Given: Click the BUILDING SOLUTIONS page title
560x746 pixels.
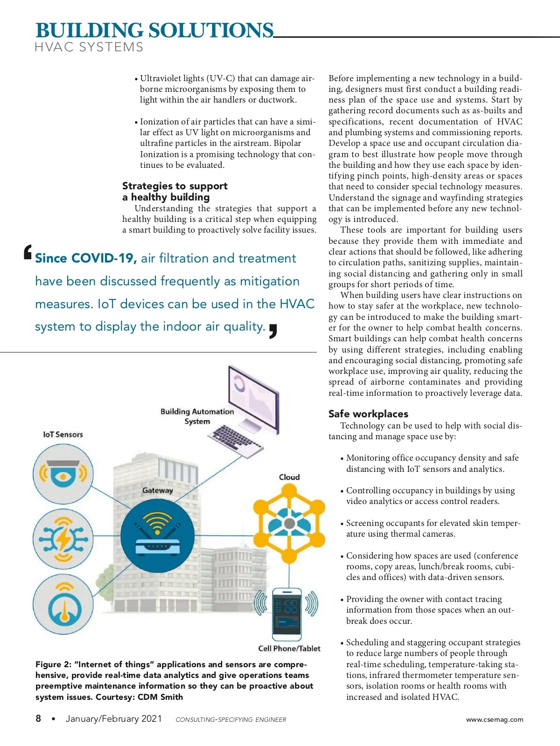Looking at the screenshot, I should tap(154, 31).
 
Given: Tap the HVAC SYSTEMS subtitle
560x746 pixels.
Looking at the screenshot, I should tap(89, 47).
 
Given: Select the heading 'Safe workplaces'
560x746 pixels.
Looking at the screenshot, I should tap(368, 414).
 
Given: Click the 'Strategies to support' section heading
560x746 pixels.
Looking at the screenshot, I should tap(175, 186).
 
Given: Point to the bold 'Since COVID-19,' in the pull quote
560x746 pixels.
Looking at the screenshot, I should tap(86, 258).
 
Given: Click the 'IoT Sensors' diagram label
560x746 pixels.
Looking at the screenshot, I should tap(63, 435).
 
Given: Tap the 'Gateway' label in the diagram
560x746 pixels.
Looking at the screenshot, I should tap(157, 490).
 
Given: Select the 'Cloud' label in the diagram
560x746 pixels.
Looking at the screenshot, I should tap(289, 477).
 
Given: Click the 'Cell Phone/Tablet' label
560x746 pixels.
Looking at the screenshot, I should tap(289, 649).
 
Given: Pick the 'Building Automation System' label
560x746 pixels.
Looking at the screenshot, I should tap(197, 416).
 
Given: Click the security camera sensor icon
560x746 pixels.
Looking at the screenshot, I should tap(63, 474).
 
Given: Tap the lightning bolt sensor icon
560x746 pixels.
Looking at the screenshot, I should tap(63, 539).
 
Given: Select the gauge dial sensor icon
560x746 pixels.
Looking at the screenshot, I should tap(63, 605).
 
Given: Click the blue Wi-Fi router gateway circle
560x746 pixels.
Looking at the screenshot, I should tap(157, 536).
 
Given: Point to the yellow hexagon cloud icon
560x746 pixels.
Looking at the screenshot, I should tap(289, 523).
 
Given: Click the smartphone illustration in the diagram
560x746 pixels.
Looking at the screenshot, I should tap(287, 614).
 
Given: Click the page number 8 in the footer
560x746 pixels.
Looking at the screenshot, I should tap(38, 718).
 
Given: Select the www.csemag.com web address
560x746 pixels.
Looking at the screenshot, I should tap(495, 719).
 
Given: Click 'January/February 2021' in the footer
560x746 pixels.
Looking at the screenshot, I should tap(114, 719).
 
